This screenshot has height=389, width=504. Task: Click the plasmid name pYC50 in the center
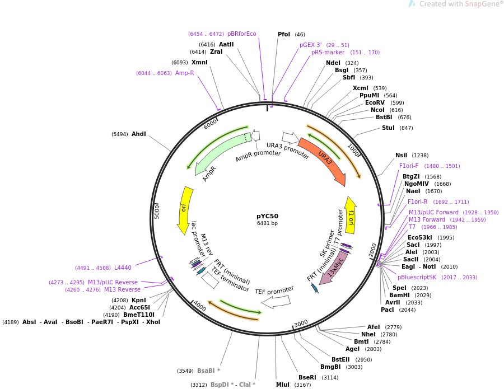pos(267,215)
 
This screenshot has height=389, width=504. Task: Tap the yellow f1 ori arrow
pos(351,215)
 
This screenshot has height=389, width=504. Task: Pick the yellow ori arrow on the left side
pos(184,209)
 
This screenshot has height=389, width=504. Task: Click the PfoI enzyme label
pos(284,34)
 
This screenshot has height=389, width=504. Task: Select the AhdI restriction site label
pos(138,134)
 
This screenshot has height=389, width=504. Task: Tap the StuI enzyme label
pos(388,128)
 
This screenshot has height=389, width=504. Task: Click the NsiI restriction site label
pos(401,155)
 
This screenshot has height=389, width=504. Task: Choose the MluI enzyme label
pos(282,385)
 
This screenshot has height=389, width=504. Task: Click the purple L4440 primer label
pos(123,268)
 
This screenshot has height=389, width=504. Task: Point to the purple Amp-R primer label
pos(184,73)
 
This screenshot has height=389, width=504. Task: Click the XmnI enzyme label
pos(199,62)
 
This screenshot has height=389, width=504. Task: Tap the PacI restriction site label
pos(387,310)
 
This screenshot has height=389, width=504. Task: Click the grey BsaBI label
pos(208,371)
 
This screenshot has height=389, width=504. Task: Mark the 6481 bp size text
pos(267,223)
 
